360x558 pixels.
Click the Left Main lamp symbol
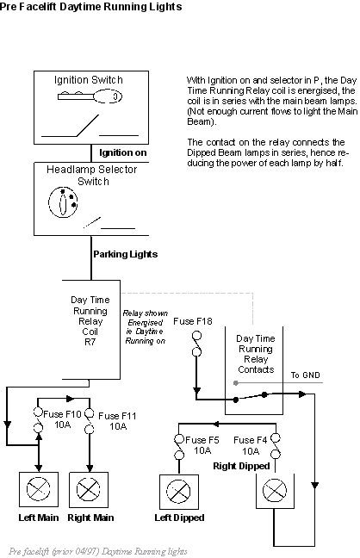[39, 489]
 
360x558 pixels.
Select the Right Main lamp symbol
[89, 489]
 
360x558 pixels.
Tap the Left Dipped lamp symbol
[178, 492]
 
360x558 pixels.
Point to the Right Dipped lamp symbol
[275, 490]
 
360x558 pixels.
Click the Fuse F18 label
[193, 321]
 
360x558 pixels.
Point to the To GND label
[306, 375]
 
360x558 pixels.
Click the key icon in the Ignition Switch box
[90, 96]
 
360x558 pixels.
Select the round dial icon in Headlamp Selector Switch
[63, 202]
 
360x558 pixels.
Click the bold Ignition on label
[123, 152]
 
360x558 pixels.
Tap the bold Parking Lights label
[126, 254]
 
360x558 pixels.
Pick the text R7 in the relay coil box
[90, 342]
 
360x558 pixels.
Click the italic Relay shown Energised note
[146, 327]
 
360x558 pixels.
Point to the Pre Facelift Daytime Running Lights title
[90, 6]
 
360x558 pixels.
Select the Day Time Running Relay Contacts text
[256, 354]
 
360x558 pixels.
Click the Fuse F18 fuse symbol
[196, 344]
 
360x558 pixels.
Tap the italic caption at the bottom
[98, 551]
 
